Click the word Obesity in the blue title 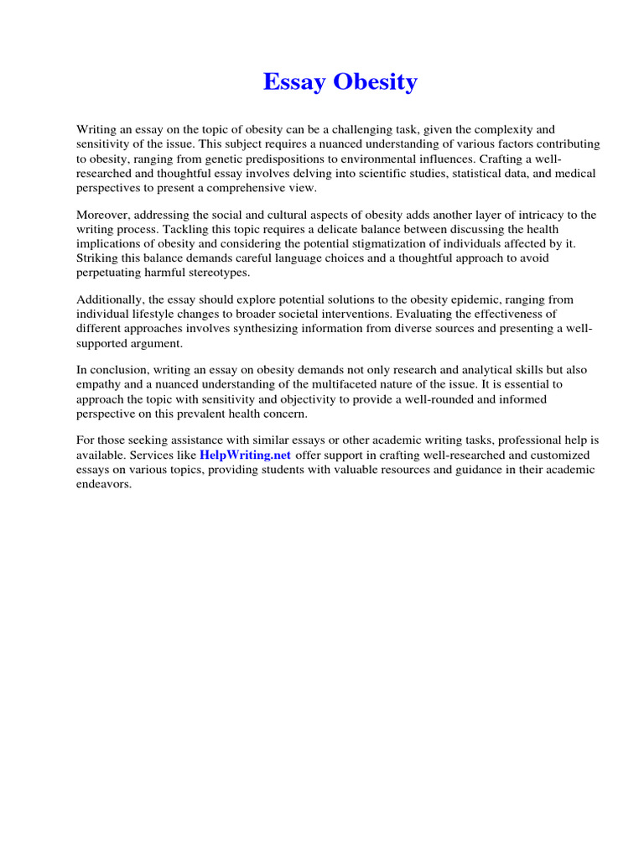click(x=375, y=82)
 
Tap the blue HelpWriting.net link click(x=245, y=455)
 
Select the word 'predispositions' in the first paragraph click(x=283, y=159)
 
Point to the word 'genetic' click(x=220, y=159)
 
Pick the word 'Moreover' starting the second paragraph click(x=105, y=215)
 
